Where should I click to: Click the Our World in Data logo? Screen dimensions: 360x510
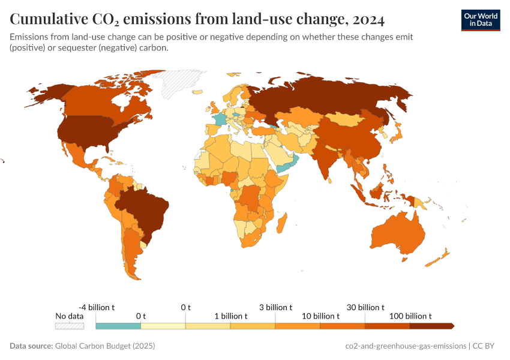pos(480,20)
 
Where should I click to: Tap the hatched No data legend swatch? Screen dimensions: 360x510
pos(69,326)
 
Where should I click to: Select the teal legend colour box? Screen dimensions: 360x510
pos(118,326)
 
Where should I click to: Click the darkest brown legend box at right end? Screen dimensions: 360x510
pos(431,326)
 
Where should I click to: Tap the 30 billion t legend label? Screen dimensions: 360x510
pos(365,307)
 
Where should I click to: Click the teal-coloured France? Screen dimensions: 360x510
pos(221,119)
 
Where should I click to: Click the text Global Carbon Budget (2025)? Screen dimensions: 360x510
pos(104,346)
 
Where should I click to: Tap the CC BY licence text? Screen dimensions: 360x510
pos(487,346)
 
